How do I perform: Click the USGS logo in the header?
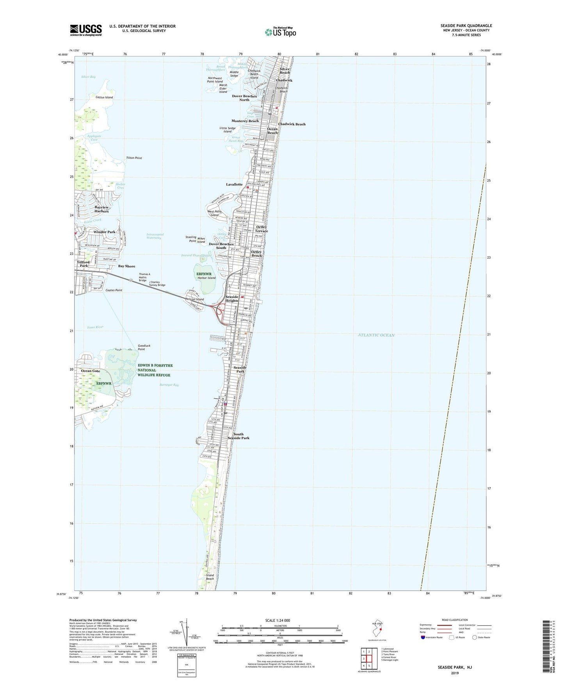coord(86,30)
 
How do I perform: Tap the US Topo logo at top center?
coord(280,32)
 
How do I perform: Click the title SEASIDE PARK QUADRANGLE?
coord(466,26)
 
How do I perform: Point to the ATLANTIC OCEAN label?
coord(376,335)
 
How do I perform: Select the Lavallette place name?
coord(234,184)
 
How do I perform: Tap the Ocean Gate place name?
coord(91,371)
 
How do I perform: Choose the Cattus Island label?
coord(104,97)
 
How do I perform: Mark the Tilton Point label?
coord(134,158)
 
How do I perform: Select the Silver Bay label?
coord(88,77)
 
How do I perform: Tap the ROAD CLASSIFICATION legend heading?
coord(455,620)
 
